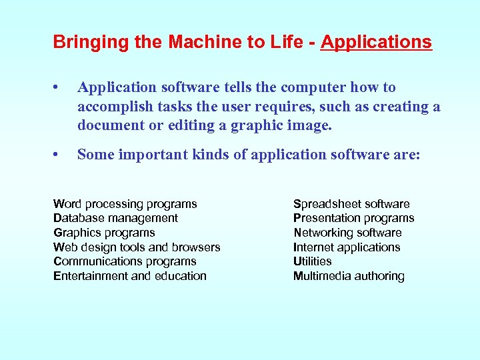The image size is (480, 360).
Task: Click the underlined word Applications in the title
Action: coord(376,43)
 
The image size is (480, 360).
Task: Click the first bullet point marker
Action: coord(59,88)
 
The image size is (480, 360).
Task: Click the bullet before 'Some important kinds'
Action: coord(59,155)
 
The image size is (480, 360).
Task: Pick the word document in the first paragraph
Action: coord(109,125)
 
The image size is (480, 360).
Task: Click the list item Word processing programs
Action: coord(125,204)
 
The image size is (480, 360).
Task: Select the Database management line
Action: coord(115,218)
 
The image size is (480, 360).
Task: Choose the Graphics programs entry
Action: coord(104,233)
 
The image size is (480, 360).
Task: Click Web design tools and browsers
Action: coord(137,247)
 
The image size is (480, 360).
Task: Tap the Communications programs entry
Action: coord(125,261)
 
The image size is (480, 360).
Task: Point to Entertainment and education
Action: coord(130,276)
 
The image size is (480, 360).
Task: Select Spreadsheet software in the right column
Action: coord(351,204)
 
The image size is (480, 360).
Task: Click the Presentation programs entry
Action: coord(353,218)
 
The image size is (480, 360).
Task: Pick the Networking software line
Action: coord(347,233)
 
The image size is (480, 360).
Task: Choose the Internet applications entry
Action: coord(347,247)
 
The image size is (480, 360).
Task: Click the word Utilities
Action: coord(312,261)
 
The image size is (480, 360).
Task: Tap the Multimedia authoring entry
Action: coord(349,276)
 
